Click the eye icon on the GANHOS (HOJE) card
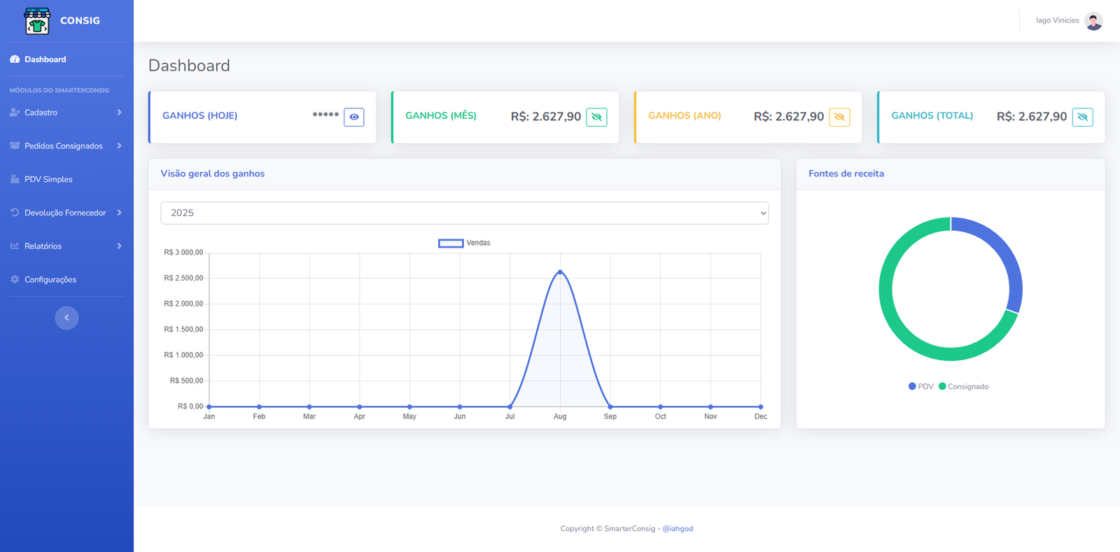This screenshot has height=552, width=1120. click(354, 117)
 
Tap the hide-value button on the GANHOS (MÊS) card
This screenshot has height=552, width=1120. click(596, 117)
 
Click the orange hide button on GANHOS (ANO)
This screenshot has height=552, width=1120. click(839, 117)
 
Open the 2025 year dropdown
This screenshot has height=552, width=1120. click(464, 213)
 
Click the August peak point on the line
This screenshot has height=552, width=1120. click(560, 271)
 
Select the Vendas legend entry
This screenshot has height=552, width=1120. click(464, 243)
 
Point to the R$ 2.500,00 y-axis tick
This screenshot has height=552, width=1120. click(183, 278)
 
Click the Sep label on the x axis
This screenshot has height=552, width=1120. click(610, 416)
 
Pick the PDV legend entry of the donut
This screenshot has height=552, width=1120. click(920, 386)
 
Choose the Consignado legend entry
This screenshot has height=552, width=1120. click(963, 386)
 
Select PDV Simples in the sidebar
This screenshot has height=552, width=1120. click(48, 180)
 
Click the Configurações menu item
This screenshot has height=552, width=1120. click(50, 280)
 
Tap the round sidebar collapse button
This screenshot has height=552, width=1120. click(66, 318)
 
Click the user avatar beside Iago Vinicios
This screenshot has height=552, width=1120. click(1093, 21)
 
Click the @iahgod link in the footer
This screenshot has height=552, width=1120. click(678, 529)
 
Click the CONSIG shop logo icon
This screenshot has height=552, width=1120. click(37, 21)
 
